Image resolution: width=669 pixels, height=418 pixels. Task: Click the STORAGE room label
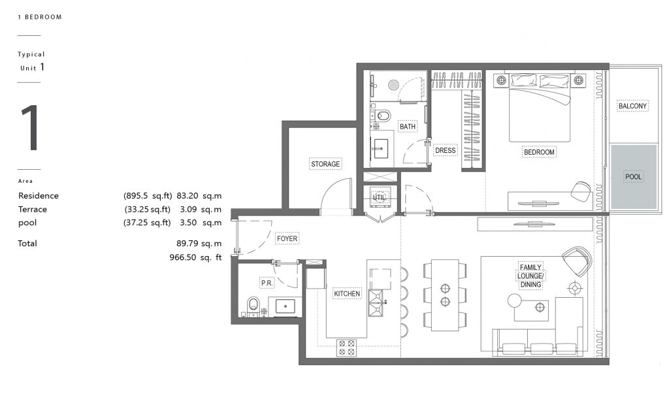pos(325,164)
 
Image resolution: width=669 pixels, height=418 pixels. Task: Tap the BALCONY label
pos(632,106)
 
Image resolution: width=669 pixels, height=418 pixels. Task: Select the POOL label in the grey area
pos(633,176)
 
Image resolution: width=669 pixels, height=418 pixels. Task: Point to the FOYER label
pos(287,238)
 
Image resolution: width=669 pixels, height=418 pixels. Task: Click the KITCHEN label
pos(347,293)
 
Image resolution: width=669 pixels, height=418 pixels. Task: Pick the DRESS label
pos(445,150)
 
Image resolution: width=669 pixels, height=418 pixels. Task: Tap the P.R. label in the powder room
pos(267,283)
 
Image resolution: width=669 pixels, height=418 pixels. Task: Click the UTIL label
pos(380,197)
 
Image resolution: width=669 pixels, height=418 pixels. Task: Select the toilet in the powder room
pos(253,306)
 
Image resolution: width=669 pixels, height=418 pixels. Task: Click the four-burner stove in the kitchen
pos(346,347)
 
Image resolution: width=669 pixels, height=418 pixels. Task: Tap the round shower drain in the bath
pos(393,85)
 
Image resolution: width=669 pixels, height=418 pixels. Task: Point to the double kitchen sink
pos(376,303)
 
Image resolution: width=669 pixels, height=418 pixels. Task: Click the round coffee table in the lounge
pos(515,300)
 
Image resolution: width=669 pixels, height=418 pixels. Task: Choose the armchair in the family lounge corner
pos(578,261)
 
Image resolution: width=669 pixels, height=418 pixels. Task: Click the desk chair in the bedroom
pos(581,191)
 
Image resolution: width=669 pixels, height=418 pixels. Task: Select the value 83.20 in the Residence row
pos(188,196)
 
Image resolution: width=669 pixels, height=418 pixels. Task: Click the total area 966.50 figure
pos(183,257)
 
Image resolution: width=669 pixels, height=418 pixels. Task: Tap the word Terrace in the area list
pos(33,210)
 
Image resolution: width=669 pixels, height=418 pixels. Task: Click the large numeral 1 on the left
pos(30,128)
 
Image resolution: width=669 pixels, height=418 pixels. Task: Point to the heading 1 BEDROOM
pos(40,17)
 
